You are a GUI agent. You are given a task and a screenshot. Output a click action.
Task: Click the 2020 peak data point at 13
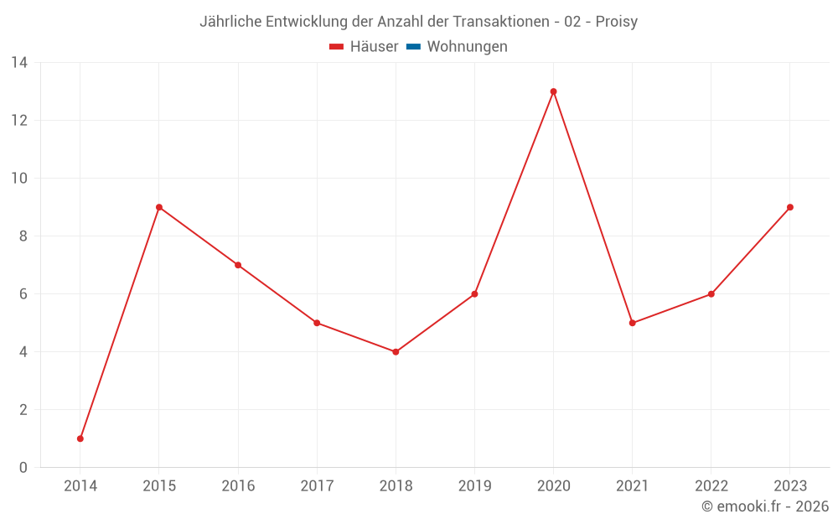click(x=553, y=91)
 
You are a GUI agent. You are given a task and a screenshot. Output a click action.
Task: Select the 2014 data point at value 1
click(x=80, y=438)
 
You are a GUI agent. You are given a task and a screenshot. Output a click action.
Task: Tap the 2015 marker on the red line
click(x=159, y=207)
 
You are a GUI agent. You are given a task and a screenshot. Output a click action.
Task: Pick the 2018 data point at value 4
click(x=396, y=352)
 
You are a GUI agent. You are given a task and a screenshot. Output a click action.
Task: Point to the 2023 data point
click(x=790, y=207)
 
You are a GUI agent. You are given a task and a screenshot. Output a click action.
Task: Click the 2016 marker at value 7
click(x=238, y=265)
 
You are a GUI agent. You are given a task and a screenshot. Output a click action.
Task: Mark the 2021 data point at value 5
click(x=632, y=323)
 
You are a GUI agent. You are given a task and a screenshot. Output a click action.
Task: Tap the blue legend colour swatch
click(x=413, y=47)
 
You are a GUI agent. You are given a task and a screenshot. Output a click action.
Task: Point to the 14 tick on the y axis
click(x=19, y=63)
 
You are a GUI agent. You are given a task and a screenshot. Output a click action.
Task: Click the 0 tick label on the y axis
click(x=23, y=468)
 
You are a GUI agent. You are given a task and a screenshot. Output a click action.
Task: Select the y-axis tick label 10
click(x=19, y=179)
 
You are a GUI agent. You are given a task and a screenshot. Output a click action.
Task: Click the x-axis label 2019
click(x=474, y=486)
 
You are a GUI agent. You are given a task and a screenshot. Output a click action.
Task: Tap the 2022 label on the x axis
click(x=711, y=486)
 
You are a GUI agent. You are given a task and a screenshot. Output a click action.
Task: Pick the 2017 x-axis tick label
click(x=317, y=486)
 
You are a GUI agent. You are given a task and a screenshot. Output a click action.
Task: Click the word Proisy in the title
click(x=617, y=22)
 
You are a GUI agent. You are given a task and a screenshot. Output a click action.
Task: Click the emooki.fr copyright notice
click(x=765, y=506)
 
